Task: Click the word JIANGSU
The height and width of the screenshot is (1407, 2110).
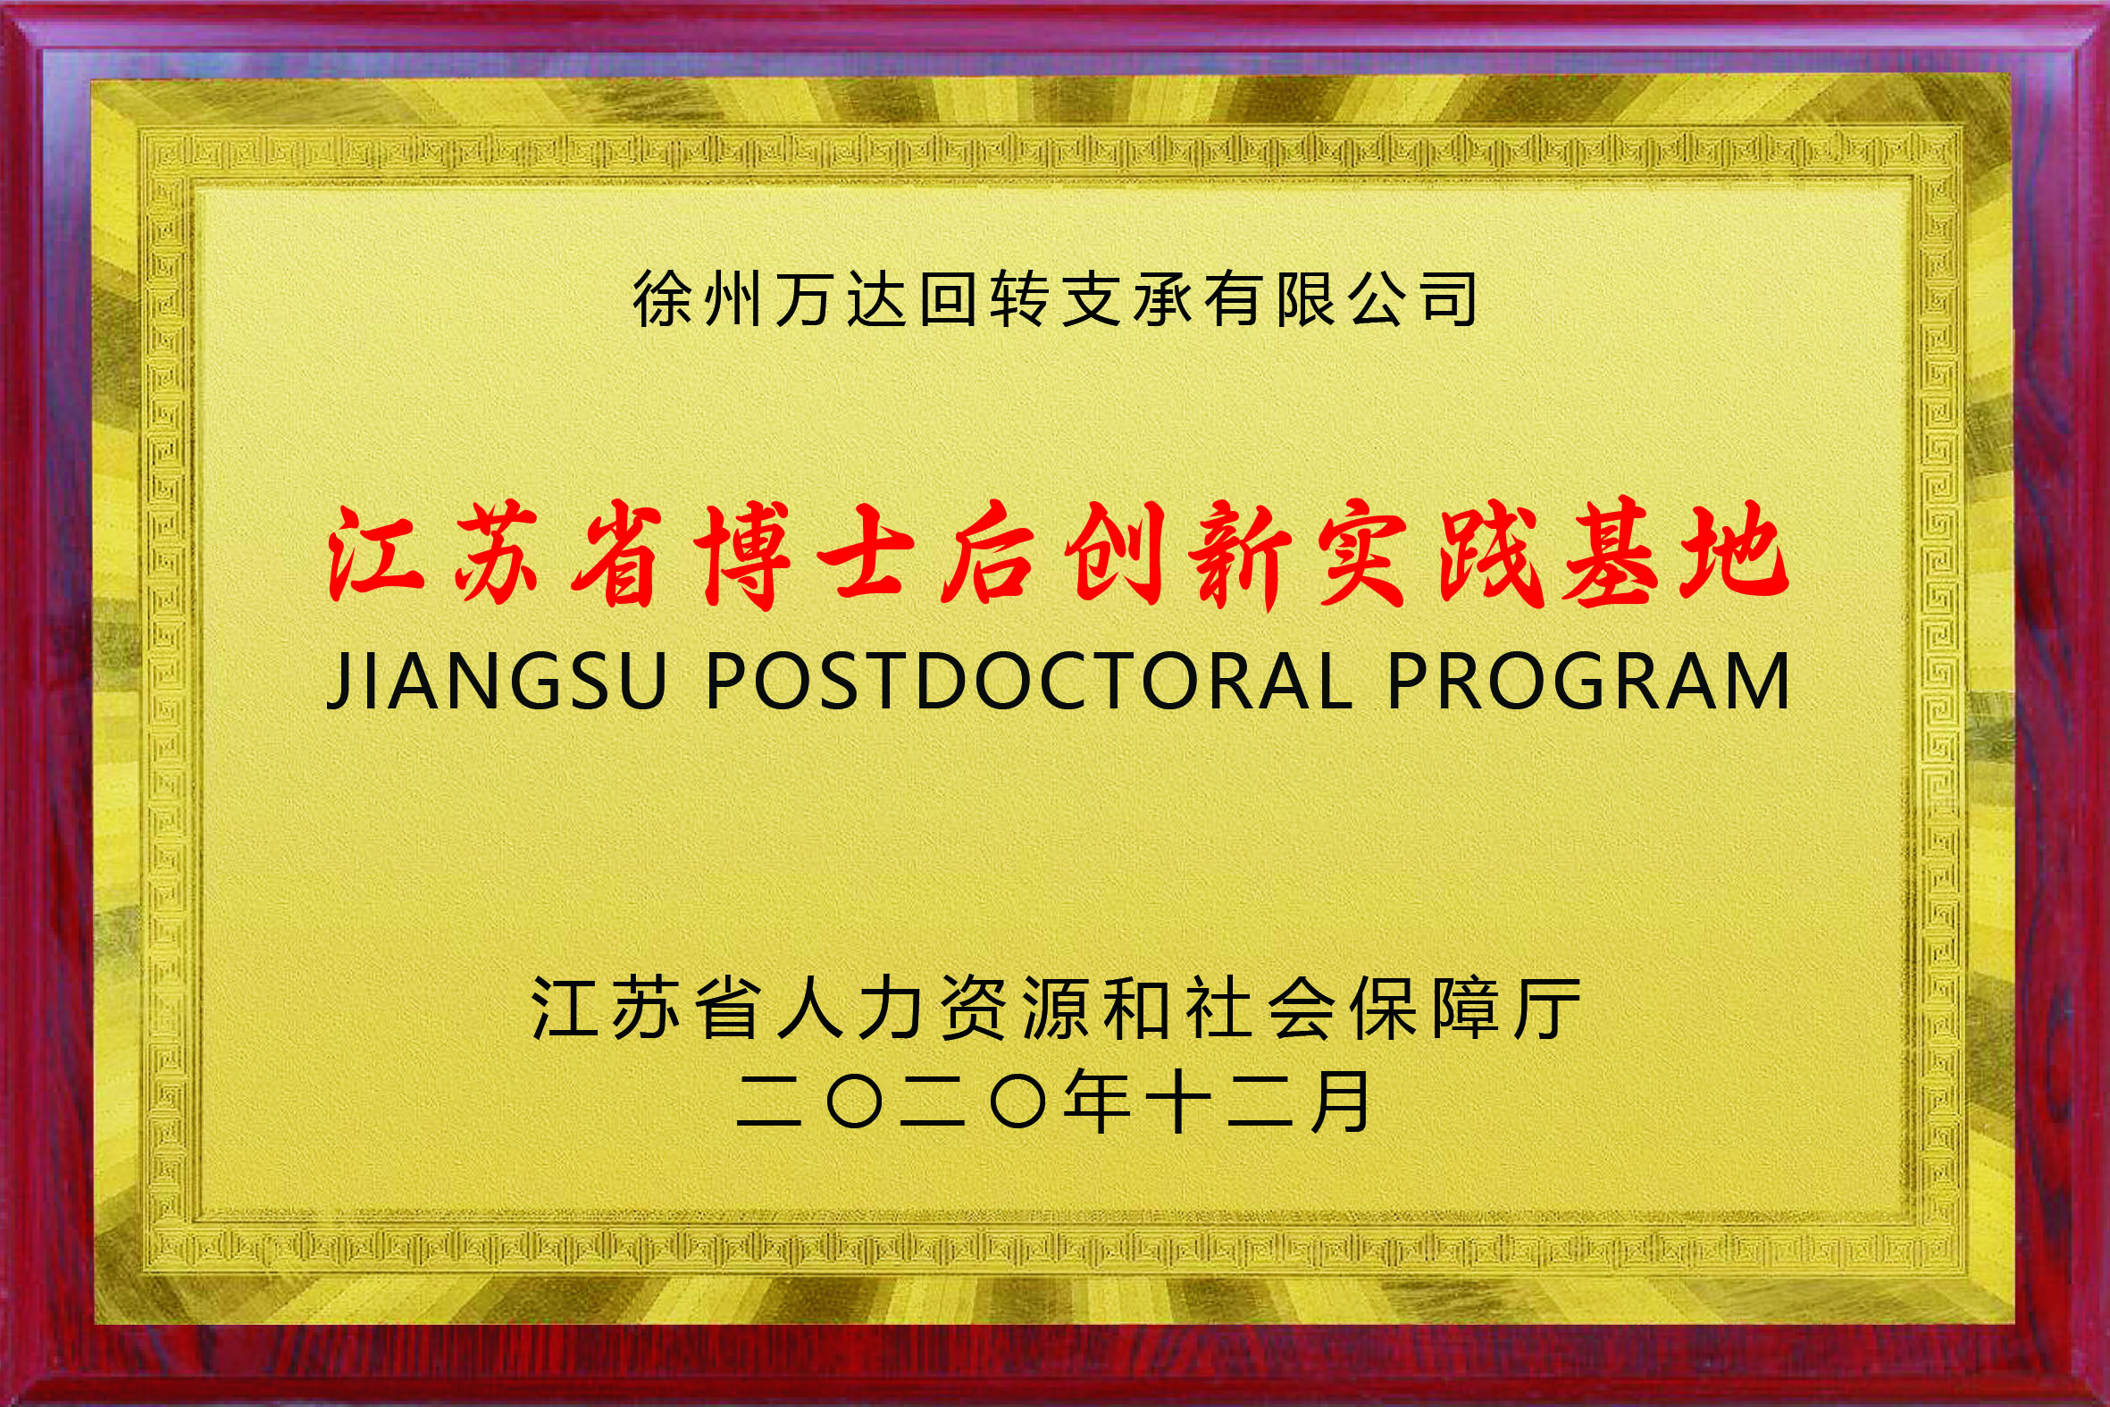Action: click(498, 682)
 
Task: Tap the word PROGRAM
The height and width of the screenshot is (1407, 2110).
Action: click(1589, 682)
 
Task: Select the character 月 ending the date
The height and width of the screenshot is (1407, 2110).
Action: click(1342, 1101)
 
